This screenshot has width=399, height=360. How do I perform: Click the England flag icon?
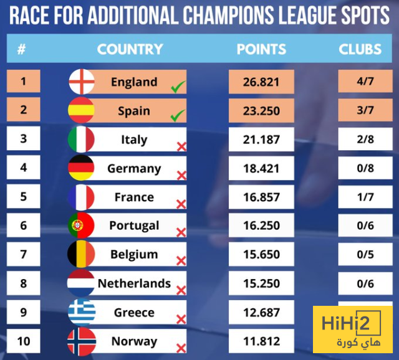tap(81, 82)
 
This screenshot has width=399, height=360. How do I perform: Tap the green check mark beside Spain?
tap(178, 115)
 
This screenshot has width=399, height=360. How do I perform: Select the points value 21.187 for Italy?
tap(261, 140)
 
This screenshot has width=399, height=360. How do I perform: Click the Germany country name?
tap(134, 168)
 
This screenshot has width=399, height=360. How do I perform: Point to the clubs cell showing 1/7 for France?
tap(365, 197)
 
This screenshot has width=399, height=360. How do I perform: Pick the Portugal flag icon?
tap(81, 225)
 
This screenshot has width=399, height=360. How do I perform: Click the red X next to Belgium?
tap(181, 261)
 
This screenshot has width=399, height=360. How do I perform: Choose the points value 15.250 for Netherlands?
tap(261, 283)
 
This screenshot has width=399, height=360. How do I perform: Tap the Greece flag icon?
tap(81, 312)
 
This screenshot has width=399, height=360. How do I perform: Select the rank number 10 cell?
tap(23, 341)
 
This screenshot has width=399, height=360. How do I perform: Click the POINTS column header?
tap(261, 49)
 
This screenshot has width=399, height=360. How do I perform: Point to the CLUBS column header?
tap(360, 49)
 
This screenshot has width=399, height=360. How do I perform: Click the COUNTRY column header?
tap(130, 49)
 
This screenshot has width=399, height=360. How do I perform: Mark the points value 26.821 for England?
tap(261, 82)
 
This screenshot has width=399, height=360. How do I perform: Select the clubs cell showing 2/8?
tap(365, 140)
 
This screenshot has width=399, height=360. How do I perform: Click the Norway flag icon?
tap(81, 341)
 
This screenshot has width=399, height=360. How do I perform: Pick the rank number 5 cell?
tap(23, 197)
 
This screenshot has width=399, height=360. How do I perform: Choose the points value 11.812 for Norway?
tap(261, 341)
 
